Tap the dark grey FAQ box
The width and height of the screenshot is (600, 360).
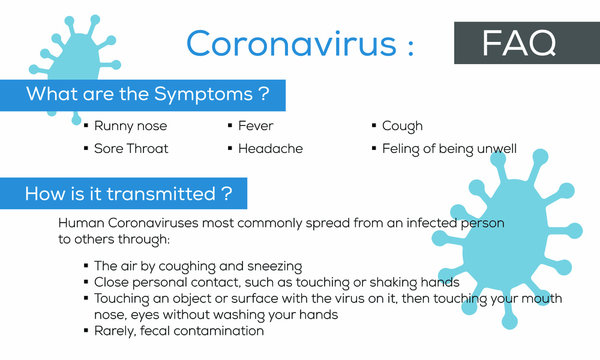519,42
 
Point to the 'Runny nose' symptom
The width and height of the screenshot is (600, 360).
130,126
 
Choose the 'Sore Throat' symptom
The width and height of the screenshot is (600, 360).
131,148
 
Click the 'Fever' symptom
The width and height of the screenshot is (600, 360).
255,126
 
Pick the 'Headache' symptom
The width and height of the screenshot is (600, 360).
269,148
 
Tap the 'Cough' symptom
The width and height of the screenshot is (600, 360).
402,126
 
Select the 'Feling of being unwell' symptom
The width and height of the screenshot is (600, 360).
449,148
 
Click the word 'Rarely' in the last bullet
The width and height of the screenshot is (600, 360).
115,330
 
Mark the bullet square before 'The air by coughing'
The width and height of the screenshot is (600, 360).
86,267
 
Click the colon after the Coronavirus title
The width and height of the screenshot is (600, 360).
406,45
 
